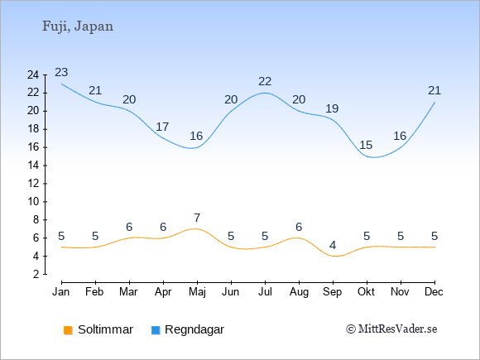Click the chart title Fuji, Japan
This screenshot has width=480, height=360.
[78, 26]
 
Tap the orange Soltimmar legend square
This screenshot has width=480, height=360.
[68, 330]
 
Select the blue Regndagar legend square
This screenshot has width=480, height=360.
[156, 330]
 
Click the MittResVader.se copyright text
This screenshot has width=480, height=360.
[391, 329]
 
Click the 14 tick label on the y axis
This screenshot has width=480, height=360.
[33, 166]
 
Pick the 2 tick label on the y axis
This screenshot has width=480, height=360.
[36, 274]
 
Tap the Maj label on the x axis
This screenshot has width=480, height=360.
[197, 292]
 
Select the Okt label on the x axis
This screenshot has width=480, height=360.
[366, 292]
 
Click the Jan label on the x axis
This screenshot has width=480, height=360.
[61, 292]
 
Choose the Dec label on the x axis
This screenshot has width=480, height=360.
[434, 292]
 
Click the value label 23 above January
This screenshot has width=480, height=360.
[61, 73]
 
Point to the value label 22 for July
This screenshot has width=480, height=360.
[265, 82]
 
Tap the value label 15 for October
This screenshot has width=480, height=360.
[366, 145]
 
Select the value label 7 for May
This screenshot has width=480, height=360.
[197, 218]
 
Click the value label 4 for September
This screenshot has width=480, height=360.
[333, 245]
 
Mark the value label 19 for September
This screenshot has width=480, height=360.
[332, 108]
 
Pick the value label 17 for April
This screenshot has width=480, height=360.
[162, 127]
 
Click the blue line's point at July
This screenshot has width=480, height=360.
[265, 93]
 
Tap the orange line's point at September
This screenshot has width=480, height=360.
[333, 257]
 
